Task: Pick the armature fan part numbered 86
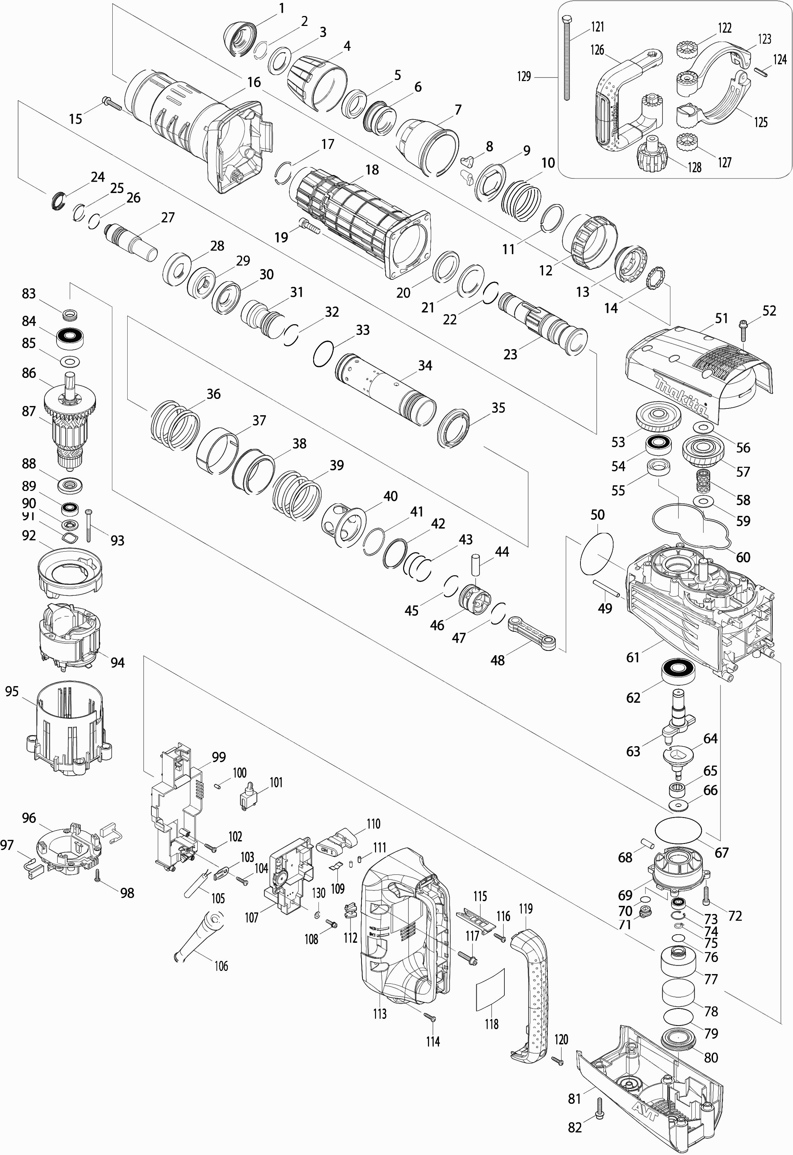click(x=70, y=397)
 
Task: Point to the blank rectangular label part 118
click(x=491, y=989)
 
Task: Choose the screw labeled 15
click(x=112, y=103)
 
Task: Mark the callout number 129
click(x=524, y=76)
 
